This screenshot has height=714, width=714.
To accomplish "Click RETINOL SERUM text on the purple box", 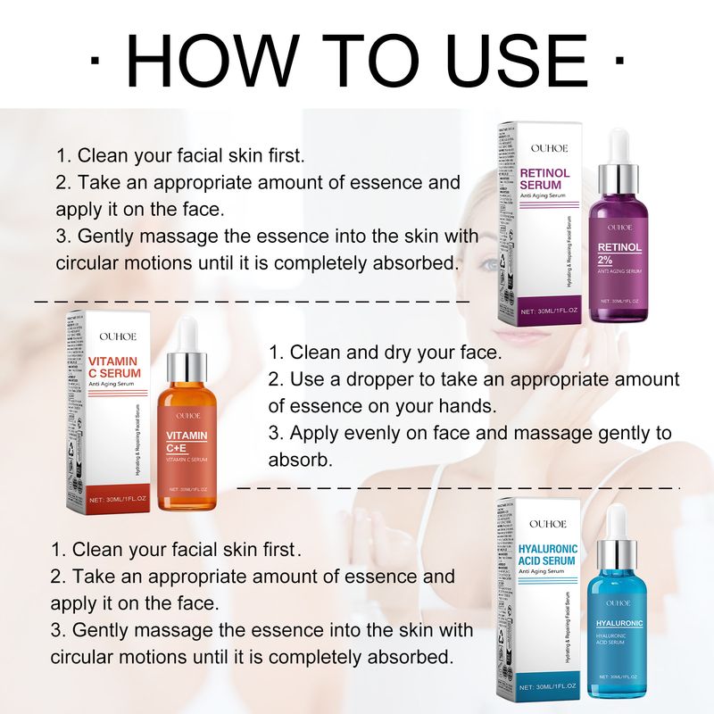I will tap(547, 178).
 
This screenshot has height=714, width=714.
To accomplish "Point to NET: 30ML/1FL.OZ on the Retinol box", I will tap(552, 311).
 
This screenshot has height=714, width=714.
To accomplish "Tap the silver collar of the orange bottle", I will tap(187, 364).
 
